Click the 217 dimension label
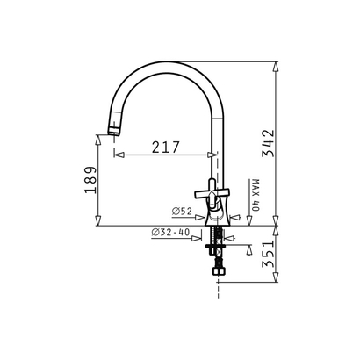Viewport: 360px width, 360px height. (165, 148)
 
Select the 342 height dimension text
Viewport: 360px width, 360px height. (269, 143)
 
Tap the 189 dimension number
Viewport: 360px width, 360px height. (90, 180)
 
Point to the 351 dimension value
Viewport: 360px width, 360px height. (269, 254)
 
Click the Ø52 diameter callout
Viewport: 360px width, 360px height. (182, 212)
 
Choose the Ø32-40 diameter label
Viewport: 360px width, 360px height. (170, 233)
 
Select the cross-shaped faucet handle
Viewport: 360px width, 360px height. (212, 193)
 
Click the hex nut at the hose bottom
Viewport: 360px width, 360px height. (218, 271)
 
